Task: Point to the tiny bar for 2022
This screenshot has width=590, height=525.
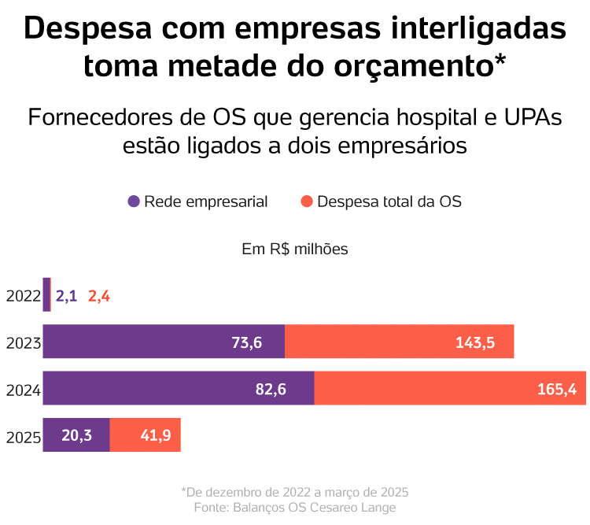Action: pos(46,294)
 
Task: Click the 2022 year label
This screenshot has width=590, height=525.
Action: pos(23,297)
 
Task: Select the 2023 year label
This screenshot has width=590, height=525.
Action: pos(23,343)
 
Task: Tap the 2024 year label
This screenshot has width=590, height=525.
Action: pos(23,390)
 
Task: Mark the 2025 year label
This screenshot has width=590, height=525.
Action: pos(23,437)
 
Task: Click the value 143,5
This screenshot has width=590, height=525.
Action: pos(475,342)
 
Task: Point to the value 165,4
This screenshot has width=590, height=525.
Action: pos(557,388)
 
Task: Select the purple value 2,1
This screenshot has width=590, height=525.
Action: pos(66,296)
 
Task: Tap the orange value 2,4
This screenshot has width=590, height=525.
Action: pos(99,296)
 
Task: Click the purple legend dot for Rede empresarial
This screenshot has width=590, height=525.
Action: pos(134,201)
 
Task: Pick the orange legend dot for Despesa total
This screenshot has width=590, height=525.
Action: pos(307,201)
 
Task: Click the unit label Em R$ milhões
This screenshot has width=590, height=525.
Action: pos(295,249)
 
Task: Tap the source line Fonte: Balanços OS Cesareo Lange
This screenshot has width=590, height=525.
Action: pos(295,508)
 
